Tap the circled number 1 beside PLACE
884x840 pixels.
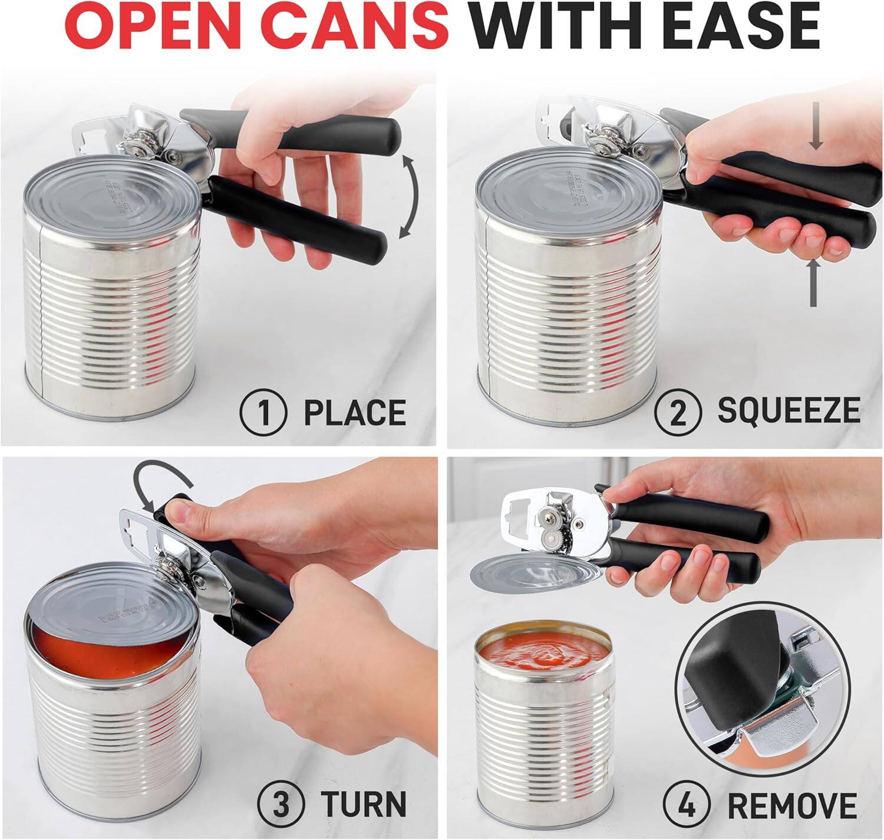263,412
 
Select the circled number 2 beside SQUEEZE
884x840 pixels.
678,412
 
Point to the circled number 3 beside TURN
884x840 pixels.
281,803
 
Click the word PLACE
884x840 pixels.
354,412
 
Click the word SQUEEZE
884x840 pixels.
788,411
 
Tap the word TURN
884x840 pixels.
363,803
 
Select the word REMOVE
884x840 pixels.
791,803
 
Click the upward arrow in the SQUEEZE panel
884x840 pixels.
813,283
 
